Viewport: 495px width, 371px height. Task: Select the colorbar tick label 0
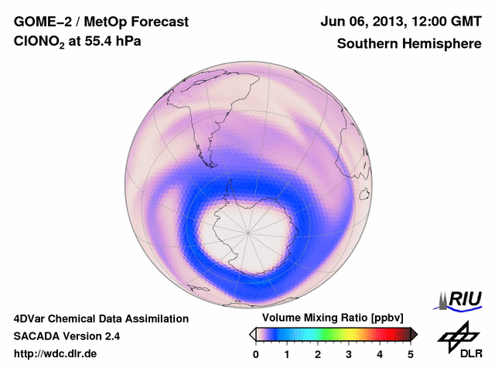(256, 354)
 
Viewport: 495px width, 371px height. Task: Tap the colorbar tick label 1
(287, 354)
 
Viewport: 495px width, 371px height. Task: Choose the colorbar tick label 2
(318, 354)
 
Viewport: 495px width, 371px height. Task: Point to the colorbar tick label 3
(349, 354)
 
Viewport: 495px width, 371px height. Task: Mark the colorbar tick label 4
(380, 354)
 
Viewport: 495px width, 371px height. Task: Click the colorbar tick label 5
(411, 354)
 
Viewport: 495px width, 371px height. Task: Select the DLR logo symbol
(458, 335)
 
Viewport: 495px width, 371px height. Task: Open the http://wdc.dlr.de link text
(56, 354)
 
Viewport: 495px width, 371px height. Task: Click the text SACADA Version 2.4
(67, 336)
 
